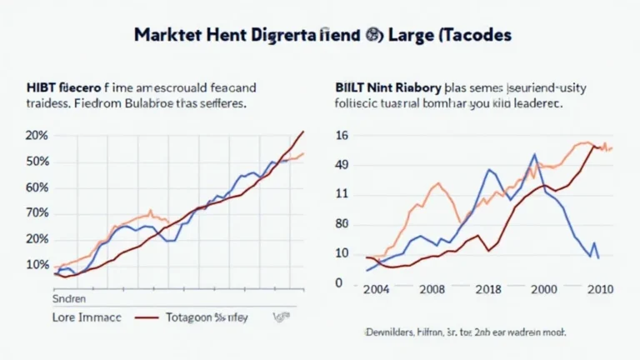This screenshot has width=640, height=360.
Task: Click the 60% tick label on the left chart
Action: pos(37,187)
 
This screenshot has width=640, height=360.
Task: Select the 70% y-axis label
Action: pos(37,213)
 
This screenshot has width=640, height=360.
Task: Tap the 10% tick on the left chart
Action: pos(37,265)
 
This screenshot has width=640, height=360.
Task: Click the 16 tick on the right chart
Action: pos(342,136)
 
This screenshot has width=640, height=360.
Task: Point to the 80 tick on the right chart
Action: pos(342,223)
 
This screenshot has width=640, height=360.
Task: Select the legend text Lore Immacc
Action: pos(86,317)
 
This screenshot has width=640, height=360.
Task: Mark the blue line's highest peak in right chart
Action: pos(532,154)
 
